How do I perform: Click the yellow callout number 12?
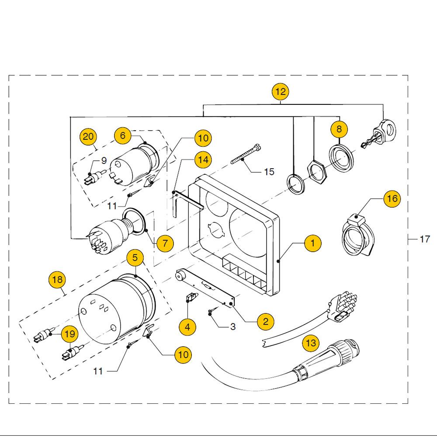pyautogui.click(x=281, y=92)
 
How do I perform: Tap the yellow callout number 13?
pyautogui.click(x=311, y=343)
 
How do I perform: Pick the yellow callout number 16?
pyautogui.click(x=392, y=199)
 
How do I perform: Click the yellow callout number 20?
pyautogui.click(x=88, y=137)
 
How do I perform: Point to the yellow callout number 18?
pyautogui.click(x=58, y=280)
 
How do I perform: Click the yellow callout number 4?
pyautogui.click(x=187, y=326)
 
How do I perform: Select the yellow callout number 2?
pyautogui.click(x=266, y=322)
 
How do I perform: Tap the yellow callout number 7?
pyautogui.click(x=165, y=243)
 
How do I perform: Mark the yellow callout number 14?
pyautogui.click(x=202, y=160)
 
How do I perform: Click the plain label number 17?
pyautogui.click(x=424, y=239)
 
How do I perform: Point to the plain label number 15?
pyautogui.click(x=269, y=172)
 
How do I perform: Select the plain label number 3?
pyautogui.click(x=232, y=326)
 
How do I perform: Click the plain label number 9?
pyautogui.click(x=104, y=161)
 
